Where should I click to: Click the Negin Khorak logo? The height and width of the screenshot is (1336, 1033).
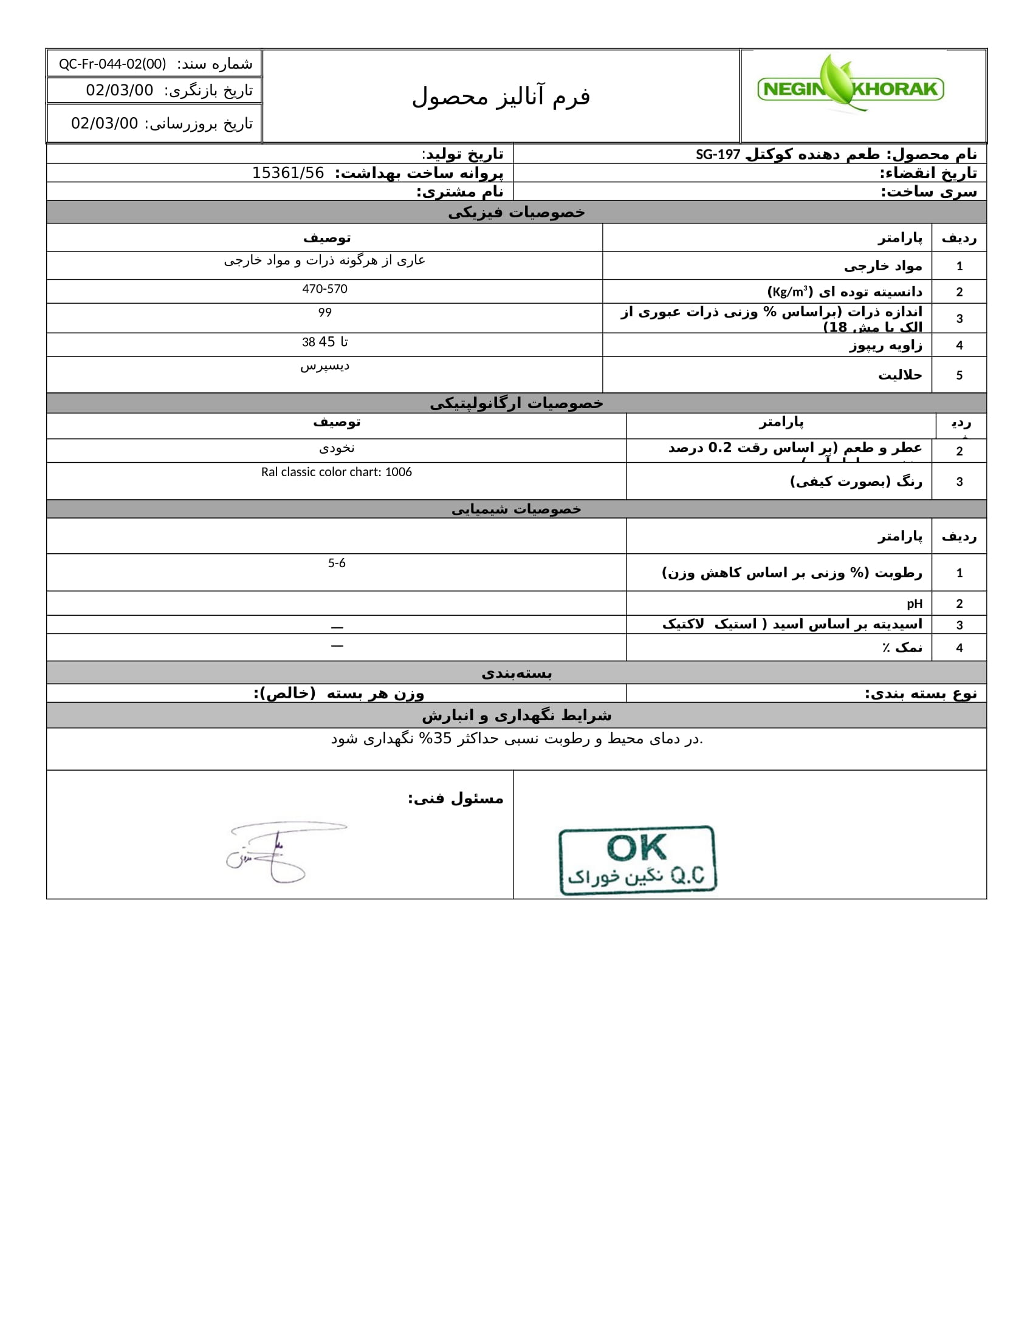(851, 86)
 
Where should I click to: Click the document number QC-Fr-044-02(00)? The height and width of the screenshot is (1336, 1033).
(112, 64)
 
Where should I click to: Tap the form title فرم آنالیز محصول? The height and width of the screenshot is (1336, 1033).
(501, 97)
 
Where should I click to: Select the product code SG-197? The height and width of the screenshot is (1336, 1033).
(717, 155)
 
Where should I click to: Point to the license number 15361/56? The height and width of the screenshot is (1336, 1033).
(287, 173)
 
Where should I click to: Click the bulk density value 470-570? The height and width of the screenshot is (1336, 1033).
(324, 288)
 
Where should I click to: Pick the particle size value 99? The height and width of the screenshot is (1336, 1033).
(324, 313)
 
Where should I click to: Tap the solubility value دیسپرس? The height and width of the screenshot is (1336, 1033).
(324, 366)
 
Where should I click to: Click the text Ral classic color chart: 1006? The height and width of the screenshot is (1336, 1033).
(336, 472)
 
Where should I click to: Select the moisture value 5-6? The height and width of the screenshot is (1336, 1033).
(337, 563)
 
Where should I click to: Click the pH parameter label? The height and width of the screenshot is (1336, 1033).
(915, 604)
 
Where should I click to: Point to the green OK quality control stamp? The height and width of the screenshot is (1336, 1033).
(637, 859)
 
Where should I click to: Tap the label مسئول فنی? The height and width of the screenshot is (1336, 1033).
(456, 799)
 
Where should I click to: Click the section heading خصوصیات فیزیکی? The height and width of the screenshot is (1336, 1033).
(516, 213)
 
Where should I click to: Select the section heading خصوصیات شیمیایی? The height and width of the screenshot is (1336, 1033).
(516, 509)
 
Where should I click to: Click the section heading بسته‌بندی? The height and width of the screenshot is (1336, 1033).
(516, 673)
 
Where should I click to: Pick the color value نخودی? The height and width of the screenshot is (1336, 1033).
(337, 448)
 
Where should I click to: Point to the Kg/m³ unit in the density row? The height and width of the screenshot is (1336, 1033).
(789, 291)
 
